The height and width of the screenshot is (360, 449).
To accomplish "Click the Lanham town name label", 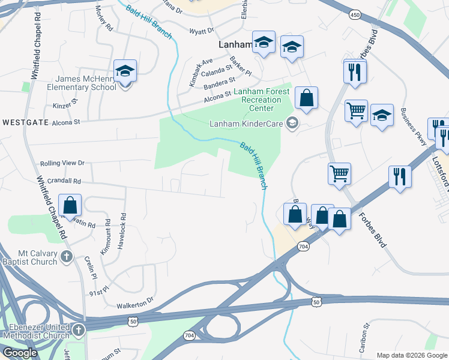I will coord(234,44).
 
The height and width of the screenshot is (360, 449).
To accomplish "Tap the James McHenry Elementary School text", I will coord(86,83).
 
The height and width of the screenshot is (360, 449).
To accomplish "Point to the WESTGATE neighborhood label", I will coord(25,122).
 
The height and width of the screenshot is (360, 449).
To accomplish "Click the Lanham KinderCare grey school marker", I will coord(292,124).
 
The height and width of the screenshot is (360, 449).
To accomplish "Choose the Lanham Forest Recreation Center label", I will coord(262,100).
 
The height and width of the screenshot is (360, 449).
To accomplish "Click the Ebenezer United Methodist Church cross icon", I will coord(78,330).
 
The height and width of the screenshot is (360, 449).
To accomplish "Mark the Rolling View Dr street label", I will coord(62,163).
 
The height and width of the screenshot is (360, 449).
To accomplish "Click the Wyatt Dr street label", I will coord(201,31).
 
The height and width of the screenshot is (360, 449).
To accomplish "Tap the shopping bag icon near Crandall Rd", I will coord(70,206).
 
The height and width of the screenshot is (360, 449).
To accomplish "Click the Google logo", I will coord(20,353).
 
